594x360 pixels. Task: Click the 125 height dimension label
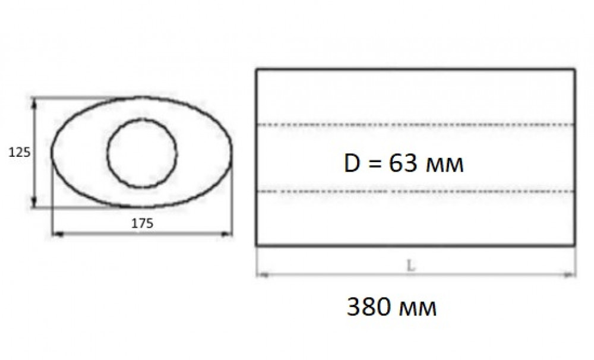pyautogui.click(x=20, y=152)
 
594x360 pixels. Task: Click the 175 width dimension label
pyautogui.click(x=142, y=223)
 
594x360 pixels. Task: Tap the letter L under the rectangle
pyautogui.click(x=410, y=266)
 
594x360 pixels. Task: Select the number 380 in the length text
pyautogui.click(x=369, y=307)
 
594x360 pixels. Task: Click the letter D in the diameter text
pyautogui.click(x=352, y=163)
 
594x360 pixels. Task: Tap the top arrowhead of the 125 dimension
pyautogui.click(x=34, y=102)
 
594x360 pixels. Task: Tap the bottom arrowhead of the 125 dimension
pyautogui.click(x=34, y=203)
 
